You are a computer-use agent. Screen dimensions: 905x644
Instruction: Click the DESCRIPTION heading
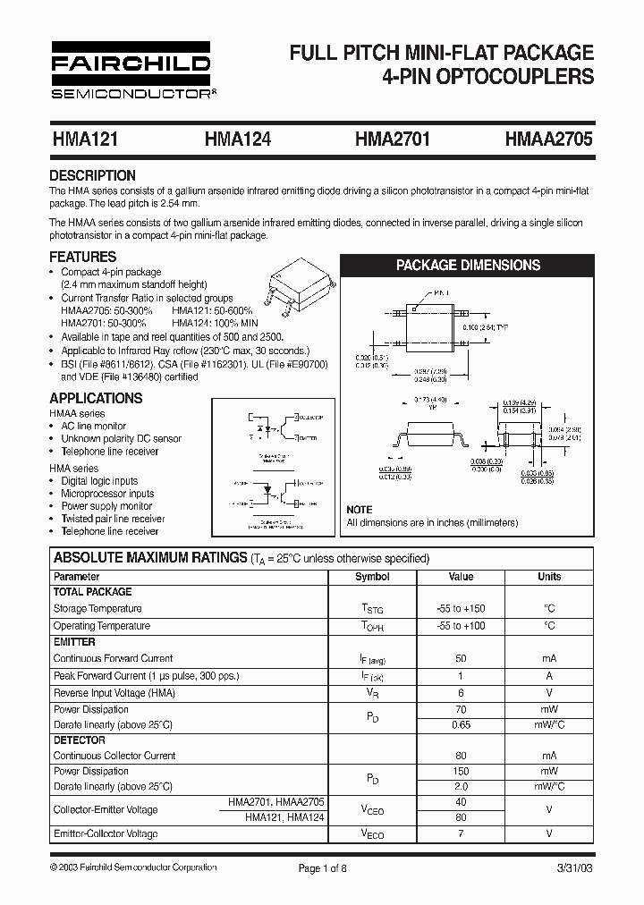(x=92, y=175)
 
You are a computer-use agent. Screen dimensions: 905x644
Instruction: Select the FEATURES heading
(x=82, y=257)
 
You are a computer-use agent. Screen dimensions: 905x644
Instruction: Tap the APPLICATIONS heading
(x=96, y=398)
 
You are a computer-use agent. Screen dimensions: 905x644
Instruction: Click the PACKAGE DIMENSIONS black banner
(x=468, y=265)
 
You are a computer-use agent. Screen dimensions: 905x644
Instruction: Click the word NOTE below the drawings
(x=360, y=510)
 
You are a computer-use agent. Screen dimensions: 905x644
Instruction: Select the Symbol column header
(x=372, y=577)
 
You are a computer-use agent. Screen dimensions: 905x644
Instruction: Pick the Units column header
(x=548, y=577)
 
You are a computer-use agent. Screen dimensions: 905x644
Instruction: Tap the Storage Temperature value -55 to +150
(x=461, y=608)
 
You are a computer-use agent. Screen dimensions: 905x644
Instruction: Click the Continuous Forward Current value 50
(x=461, y=658)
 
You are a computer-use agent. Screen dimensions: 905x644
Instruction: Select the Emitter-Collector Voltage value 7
(x=461, y=833)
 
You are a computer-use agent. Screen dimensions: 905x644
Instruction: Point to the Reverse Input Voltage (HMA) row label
(x=114, y=692)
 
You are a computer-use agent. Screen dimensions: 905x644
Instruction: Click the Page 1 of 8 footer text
(x=321, y=867)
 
